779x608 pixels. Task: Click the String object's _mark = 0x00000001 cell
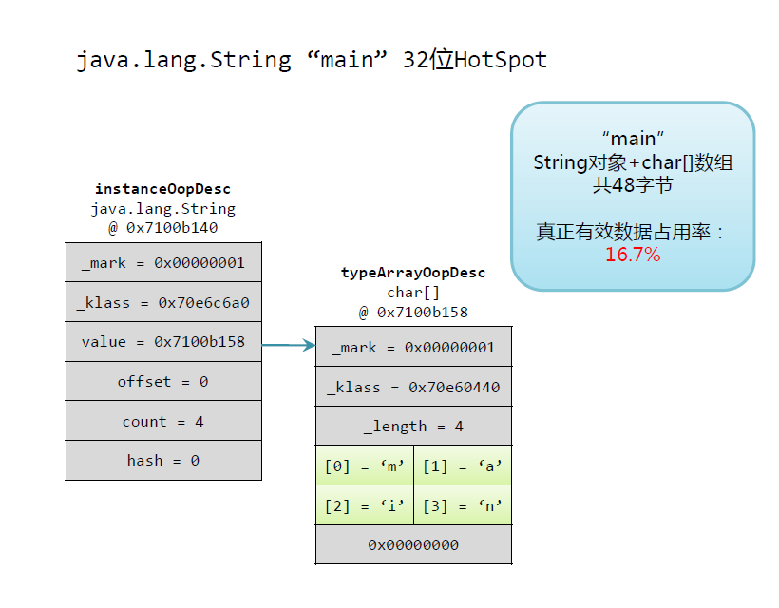163,263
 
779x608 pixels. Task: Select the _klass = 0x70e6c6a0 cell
163,303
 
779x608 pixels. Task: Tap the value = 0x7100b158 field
163,342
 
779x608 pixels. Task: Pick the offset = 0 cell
163,382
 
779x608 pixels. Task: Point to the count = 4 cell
163,422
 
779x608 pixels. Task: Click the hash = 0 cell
163,461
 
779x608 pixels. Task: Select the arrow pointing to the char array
289,345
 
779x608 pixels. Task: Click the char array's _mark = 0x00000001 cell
413,348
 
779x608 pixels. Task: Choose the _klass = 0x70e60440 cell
413,388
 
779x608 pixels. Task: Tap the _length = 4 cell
413,427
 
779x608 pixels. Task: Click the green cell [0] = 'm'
365,466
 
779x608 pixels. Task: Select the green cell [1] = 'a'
463,466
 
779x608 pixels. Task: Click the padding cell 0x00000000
413,545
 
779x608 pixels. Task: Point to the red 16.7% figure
633,255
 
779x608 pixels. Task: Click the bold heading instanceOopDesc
163,189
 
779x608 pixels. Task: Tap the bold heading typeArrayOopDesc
413,273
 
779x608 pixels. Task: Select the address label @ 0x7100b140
163,228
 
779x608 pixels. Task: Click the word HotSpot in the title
501,60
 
